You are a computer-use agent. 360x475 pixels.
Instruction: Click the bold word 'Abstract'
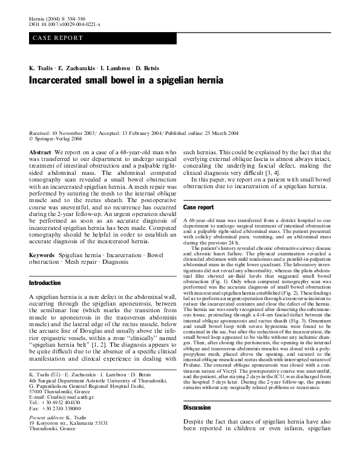[40, 152]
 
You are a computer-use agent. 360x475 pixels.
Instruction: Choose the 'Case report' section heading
[198, 208]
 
